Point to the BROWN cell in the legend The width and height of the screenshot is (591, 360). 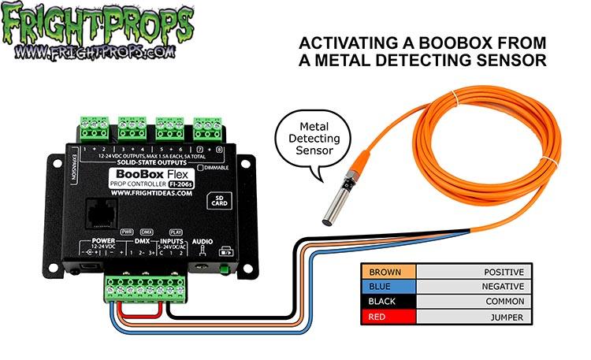click(386, 272)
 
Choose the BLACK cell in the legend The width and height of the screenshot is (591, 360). click(386, 302)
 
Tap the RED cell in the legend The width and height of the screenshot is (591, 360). click(386, 317)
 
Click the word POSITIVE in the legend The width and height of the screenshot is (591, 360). click(503, 272)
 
